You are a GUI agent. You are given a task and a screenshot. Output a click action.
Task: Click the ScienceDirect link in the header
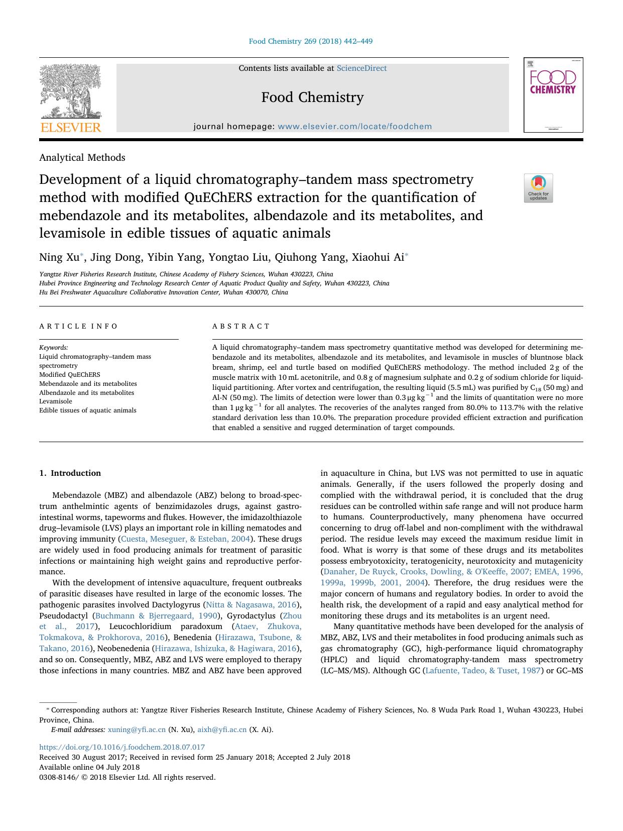coord(361,68)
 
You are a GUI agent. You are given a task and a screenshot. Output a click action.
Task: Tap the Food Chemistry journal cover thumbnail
coord(553,95)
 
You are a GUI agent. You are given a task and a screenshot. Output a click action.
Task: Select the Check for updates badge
coord(538,188)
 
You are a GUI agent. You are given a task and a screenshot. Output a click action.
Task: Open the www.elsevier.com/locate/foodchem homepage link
coord(354,127)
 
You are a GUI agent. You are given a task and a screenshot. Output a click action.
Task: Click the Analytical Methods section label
coord(82,157)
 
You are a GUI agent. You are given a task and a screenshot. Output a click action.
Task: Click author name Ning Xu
coord(59,257)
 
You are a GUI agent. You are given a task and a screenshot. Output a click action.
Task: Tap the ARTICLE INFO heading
coord(78,326)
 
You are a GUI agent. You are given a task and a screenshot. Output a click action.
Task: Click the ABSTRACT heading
coord(241,326)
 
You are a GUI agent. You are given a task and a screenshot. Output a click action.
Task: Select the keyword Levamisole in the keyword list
coord(56,401)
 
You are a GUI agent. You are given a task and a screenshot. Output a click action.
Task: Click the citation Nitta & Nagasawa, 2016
coord(251,604)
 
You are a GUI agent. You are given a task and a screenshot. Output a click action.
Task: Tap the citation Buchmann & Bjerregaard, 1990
coord(156,615)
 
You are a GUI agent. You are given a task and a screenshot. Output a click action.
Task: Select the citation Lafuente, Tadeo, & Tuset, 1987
coord(482,670)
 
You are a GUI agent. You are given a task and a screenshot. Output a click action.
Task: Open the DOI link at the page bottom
coord(122,747)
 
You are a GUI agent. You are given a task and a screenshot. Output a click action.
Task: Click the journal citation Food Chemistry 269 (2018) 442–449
coord(311,41)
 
